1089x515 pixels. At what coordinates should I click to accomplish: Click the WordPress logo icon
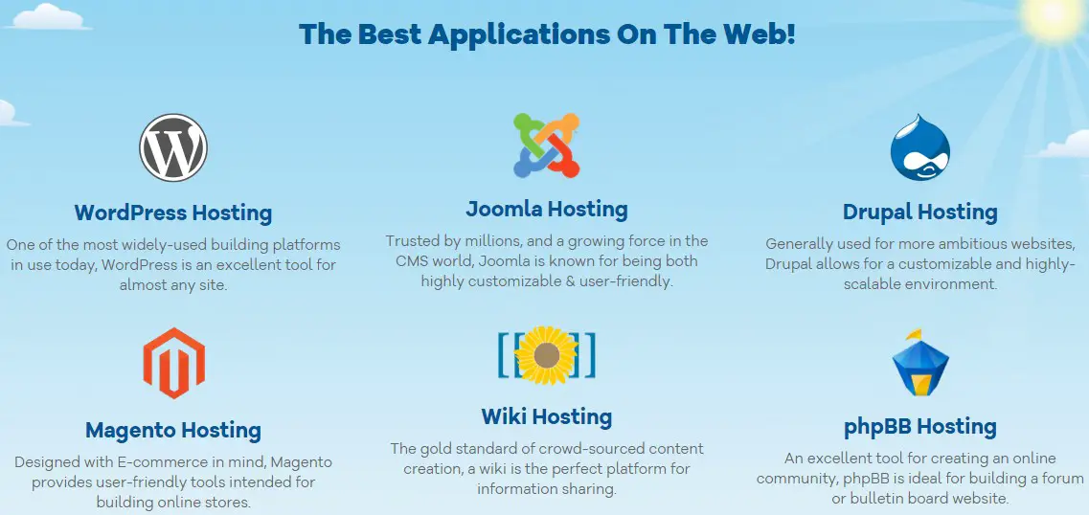tap(173, 147)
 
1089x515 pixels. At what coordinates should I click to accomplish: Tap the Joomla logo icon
tap(547, 146)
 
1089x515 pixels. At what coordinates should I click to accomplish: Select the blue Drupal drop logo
tap(920, 147)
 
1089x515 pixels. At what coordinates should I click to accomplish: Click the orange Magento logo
tap(173, 363)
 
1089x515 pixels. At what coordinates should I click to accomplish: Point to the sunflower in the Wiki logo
tap(547, 355)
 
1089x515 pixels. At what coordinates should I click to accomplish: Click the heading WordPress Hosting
tap(173, 213)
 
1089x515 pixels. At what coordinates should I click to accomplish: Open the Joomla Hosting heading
tap(547, 209)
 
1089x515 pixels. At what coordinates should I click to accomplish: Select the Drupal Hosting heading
tap(920, 212)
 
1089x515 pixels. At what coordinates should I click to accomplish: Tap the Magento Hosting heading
tap(173, 431)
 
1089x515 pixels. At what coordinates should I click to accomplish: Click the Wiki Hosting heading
tap(547, 416)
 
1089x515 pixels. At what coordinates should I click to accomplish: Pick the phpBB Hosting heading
tap(920, 426)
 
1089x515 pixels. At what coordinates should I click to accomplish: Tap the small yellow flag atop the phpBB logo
tap(915, 334)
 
